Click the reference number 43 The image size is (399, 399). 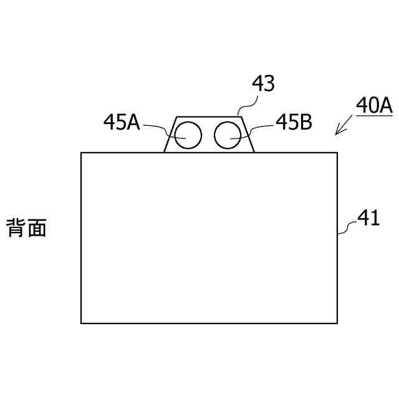(263, 84)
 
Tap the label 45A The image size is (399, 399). (122, 122)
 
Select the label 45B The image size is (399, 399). (294, 122)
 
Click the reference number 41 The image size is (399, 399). (368, 218)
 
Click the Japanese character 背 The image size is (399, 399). (16, 228)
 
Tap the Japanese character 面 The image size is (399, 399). (37, 228)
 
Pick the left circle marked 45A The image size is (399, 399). (188, 135)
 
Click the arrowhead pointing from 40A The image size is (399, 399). (337, 132)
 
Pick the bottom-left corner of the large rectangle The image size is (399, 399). (82, 323)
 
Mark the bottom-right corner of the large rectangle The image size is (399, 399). (337, 323)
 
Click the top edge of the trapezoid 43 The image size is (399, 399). (208, 117)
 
